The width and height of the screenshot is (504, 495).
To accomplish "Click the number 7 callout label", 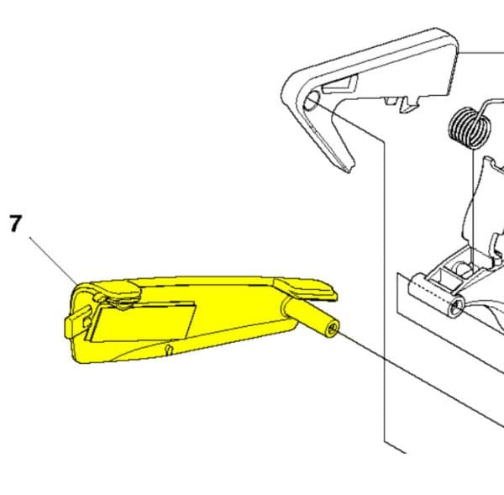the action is [15, 224].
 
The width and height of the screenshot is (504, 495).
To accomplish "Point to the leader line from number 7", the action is [54, 261].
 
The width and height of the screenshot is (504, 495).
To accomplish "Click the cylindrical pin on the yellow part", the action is [310, 319].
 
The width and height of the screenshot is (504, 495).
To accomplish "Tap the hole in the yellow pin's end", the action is [333, 329].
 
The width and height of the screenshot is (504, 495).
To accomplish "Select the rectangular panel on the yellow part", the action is [143, 321].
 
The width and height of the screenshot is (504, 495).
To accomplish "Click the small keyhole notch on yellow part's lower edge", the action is [169, 350].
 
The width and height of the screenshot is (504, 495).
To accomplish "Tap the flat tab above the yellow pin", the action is [305, 288].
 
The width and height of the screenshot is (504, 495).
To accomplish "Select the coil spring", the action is [470, 128].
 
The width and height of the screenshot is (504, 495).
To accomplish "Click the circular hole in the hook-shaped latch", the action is [312, 100].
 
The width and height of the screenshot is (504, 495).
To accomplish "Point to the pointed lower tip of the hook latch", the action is [349, 171].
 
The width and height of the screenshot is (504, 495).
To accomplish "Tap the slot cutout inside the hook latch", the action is [341, 84].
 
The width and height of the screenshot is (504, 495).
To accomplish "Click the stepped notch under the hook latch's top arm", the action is [406, 103].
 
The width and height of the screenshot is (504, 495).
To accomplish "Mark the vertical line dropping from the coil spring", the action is [473, 207].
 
